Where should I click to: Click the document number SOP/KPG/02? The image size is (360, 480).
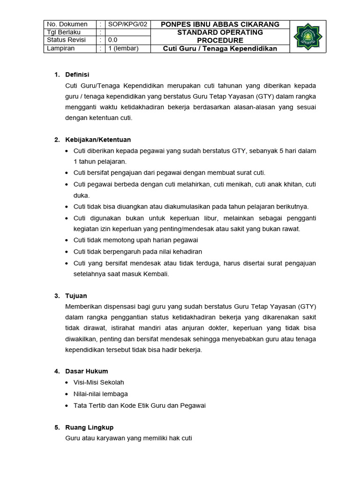[x=127, y=24]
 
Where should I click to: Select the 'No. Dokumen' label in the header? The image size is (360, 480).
[x=67, y=24]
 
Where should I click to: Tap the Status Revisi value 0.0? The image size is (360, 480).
[x=113, y=40]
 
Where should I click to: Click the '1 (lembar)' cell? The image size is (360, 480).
[x=123, y=48]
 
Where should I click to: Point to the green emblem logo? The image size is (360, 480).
[x=308, y=37]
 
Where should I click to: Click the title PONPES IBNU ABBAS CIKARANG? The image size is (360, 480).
[x=220, y=24]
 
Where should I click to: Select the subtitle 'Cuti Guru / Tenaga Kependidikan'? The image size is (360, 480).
[x=220, y=48]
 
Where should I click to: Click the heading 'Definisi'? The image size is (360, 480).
[x=77, y=75]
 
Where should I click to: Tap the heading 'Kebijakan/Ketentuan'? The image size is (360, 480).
[x=98, y=140]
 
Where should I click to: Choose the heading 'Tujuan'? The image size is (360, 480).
[x=76, y=296]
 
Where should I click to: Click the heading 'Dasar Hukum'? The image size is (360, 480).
[x=87, y=371]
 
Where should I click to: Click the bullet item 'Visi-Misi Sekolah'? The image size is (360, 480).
[x=99, y=382]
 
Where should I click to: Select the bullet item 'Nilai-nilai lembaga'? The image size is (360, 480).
[x=101, y=394]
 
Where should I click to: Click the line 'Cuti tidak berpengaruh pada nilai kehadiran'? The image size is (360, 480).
[x=131, y=252]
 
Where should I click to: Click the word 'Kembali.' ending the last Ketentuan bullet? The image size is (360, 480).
[x=156, y=274]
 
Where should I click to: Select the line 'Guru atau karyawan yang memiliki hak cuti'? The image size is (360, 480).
[x=129, y=438]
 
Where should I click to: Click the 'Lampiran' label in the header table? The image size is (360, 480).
[x=61, y=48]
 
